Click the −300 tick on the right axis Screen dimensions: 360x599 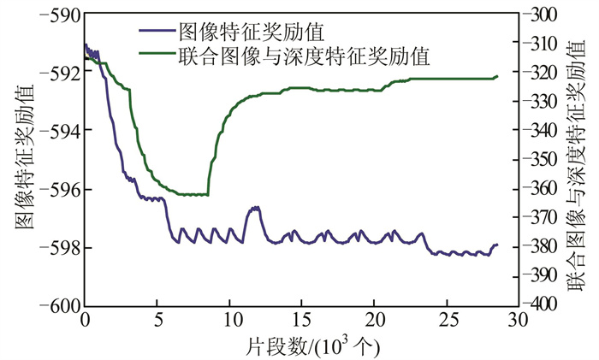click(538, 15)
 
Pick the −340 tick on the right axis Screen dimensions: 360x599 click(538, 131)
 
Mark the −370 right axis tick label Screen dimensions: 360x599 click(538, 218)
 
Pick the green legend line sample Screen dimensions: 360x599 click(156, 56)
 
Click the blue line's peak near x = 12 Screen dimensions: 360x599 click(254, 207)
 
